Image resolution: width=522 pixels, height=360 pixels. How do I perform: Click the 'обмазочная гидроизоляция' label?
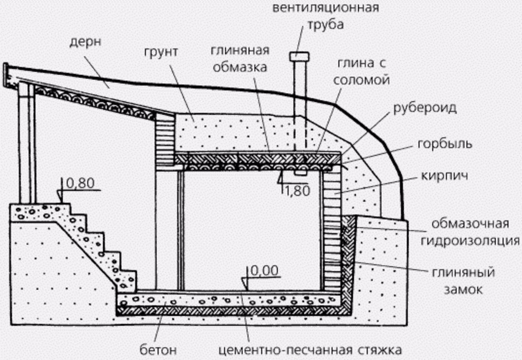[x=469, y=233]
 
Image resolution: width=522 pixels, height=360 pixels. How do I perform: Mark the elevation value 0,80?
[x=78, y=183]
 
